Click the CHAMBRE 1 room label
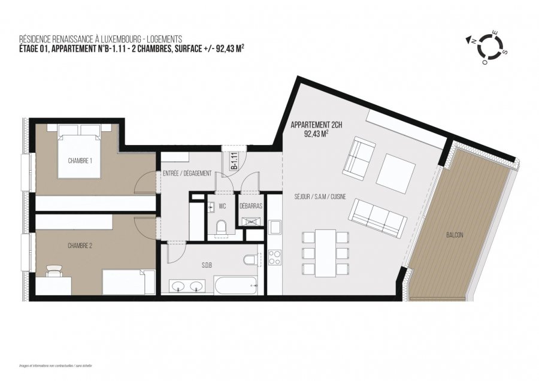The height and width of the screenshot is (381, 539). [x=80, y=161]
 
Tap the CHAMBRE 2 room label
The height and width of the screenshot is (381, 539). [x=80, y=245]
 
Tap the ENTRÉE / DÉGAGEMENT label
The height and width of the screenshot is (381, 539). [x=187, y=173]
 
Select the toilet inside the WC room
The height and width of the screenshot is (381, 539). [x=221, y=228]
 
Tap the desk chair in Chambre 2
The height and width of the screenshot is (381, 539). [x=54, y=271]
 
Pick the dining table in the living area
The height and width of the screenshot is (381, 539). [x=326, y=252]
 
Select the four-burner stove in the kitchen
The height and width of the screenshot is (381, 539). [x=274, y=258]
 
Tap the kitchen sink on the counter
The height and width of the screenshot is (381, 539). [x=275, y=227]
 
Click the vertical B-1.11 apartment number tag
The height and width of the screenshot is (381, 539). [x=235, y=162]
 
